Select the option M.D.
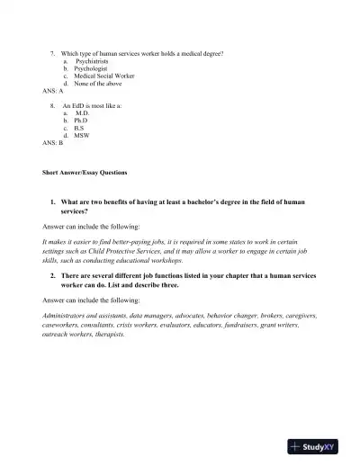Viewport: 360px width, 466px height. click(83, 113)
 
